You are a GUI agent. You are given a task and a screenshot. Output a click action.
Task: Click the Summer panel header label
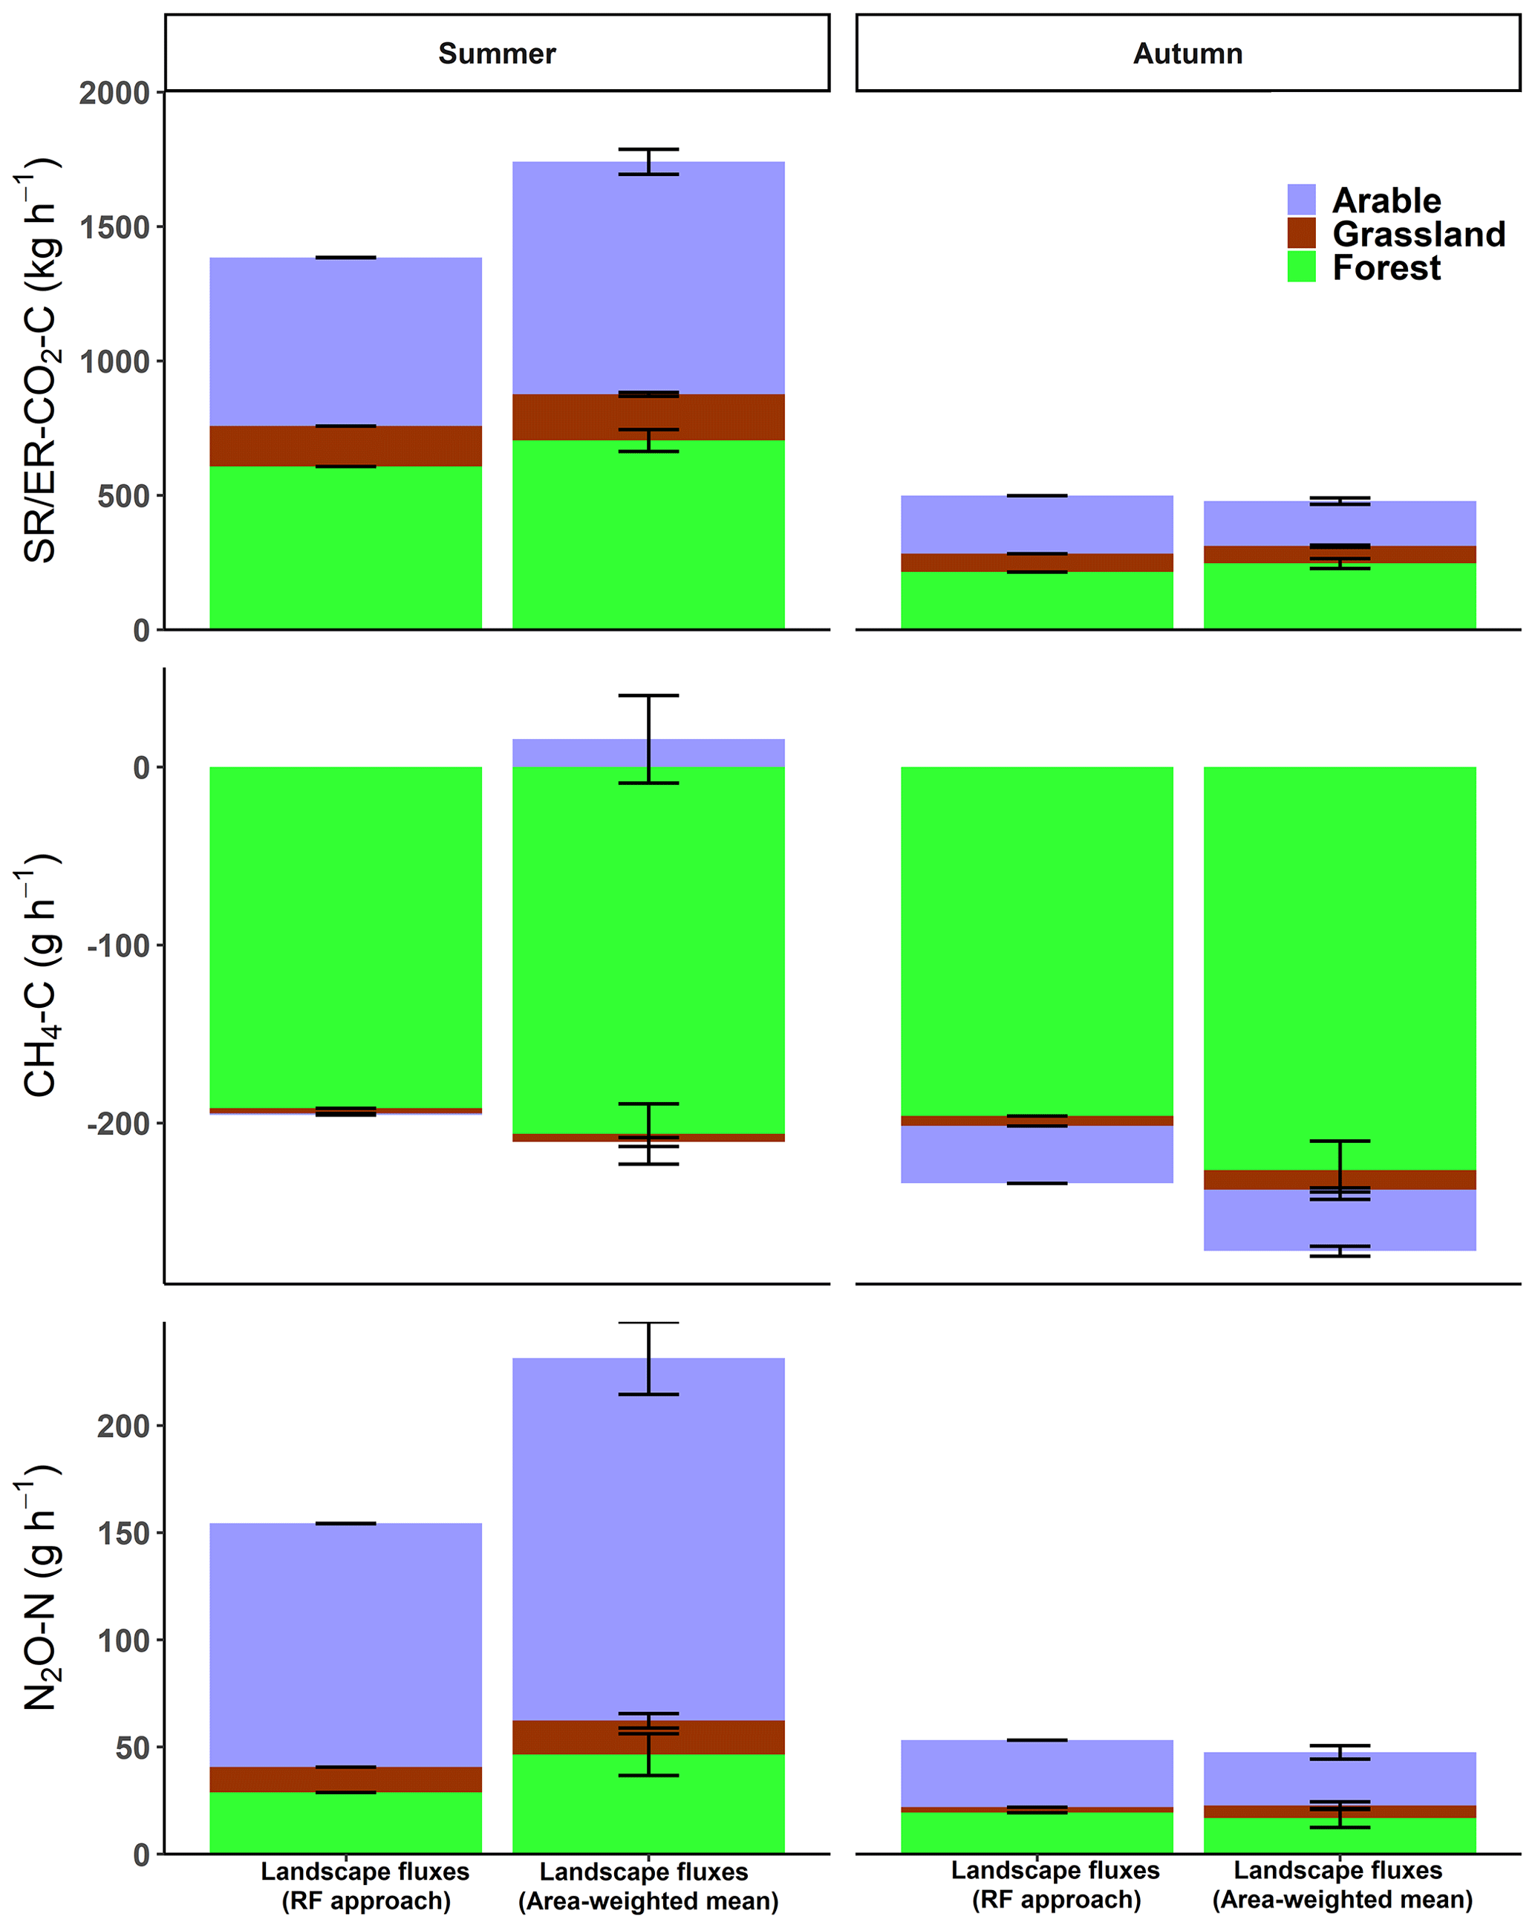pos(496,53)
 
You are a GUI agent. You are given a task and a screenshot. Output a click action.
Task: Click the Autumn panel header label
pos(1187,53)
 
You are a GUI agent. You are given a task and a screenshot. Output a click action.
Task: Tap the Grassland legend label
pos(1418,234)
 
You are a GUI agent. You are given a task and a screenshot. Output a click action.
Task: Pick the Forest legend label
pos(1386,268)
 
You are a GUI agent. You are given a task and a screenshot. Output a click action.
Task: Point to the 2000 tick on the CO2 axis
pos(114,93)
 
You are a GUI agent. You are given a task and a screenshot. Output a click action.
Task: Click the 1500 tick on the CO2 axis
pos(114,227)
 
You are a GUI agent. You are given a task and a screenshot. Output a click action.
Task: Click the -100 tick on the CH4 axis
pos(118,945)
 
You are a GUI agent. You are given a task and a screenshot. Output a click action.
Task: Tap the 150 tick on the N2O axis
pos(123,1533)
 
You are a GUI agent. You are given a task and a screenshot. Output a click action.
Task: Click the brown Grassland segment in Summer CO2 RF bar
pos(345,446)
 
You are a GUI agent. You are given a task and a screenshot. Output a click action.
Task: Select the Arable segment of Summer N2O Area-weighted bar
pos(648,1538)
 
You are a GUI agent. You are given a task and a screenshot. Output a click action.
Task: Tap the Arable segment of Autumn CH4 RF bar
pos(1036,1153)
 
